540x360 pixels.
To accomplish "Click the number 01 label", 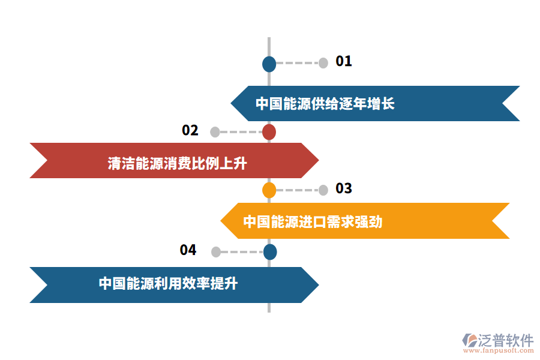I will click(x=344, y=61).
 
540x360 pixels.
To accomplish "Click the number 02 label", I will click(x=190, y=130).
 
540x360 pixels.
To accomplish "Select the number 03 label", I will click(x=344, y=189).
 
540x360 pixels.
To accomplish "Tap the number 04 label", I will click(x=188, y=250).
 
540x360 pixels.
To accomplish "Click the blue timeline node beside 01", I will click(x=269, y=64).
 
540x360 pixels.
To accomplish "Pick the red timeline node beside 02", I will click(x=269, y=132).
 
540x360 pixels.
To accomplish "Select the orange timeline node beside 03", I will click(x=269, y=190).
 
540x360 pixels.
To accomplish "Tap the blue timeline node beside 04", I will click(x=270, y=252).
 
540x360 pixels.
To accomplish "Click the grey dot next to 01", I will click(x=323, y=63).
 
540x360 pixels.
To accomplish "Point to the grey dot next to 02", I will click(x=215, y=132).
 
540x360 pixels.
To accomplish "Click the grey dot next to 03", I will click(x=323, y=190).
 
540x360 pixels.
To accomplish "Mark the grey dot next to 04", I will click(x=215, y=252).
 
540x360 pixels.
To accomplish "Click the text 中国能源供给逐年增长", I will click(x=325, y=104).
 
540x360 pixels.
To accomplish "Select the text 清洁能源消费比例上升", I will click(x=177, y=163).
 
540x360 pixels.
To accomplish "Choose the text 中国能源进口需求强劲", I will click(x=313, y=221).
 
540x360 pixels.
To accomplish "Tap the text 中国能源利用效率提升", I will click(x=168, y=283).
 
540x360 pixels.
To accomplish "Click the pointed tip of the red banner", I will click(x=317, y=160).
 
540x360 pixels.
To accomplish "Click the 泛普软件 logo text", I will click(x=505, y=341).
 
